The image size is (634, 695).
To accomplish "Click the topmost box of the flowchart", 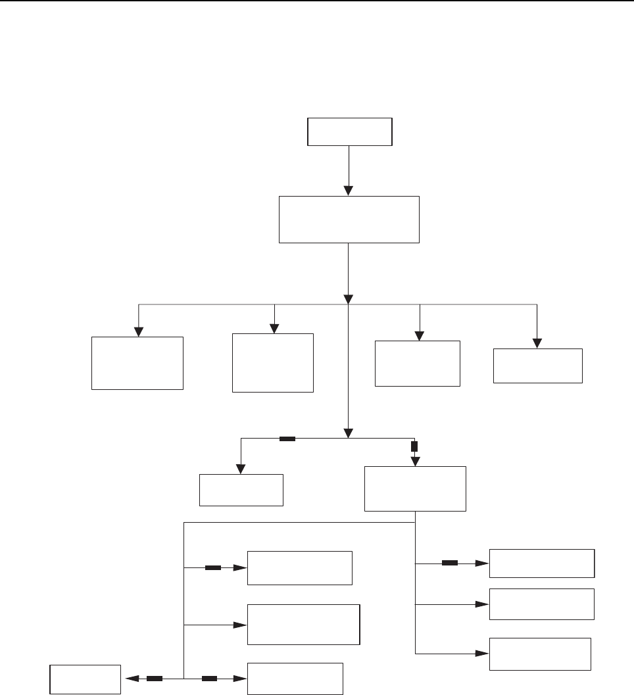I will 350,132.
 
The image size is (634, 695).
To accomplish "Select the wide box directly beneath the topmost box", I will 349,220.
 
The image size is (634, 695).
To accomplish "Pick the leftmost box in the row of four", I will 137,363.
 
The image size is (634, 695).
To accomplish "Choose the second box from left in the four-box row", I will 273,363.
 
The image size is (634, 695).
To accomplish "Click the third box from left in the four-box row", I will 417,363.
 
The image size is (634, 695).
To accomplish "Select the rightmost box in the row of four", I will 538,366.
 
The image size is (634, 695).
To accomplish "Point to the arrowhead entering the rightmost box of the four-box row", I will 538,343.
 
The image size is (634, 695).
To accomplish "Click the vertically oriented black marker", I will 414,446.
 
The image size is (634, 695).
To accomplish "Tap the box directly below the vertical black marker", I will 415,489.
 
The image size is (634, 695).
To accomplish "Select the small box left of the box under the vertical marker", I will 241,490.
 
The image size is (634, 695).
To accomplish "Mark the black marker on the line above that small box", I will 287,439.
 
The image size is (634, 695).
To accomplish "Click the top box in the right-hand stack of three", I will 542,563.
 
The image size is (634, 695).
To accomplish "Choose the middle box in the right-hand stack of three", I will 542,604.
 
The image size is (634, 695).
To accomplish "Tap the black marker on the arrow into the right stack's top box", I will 450,563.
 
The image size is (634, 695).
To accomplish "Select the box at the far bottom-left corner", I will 86,679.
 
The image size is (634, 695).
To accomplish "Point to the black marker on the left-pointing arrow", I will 154,678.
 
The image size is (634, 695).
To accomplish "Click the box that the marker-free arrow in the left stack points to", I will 303,624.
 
